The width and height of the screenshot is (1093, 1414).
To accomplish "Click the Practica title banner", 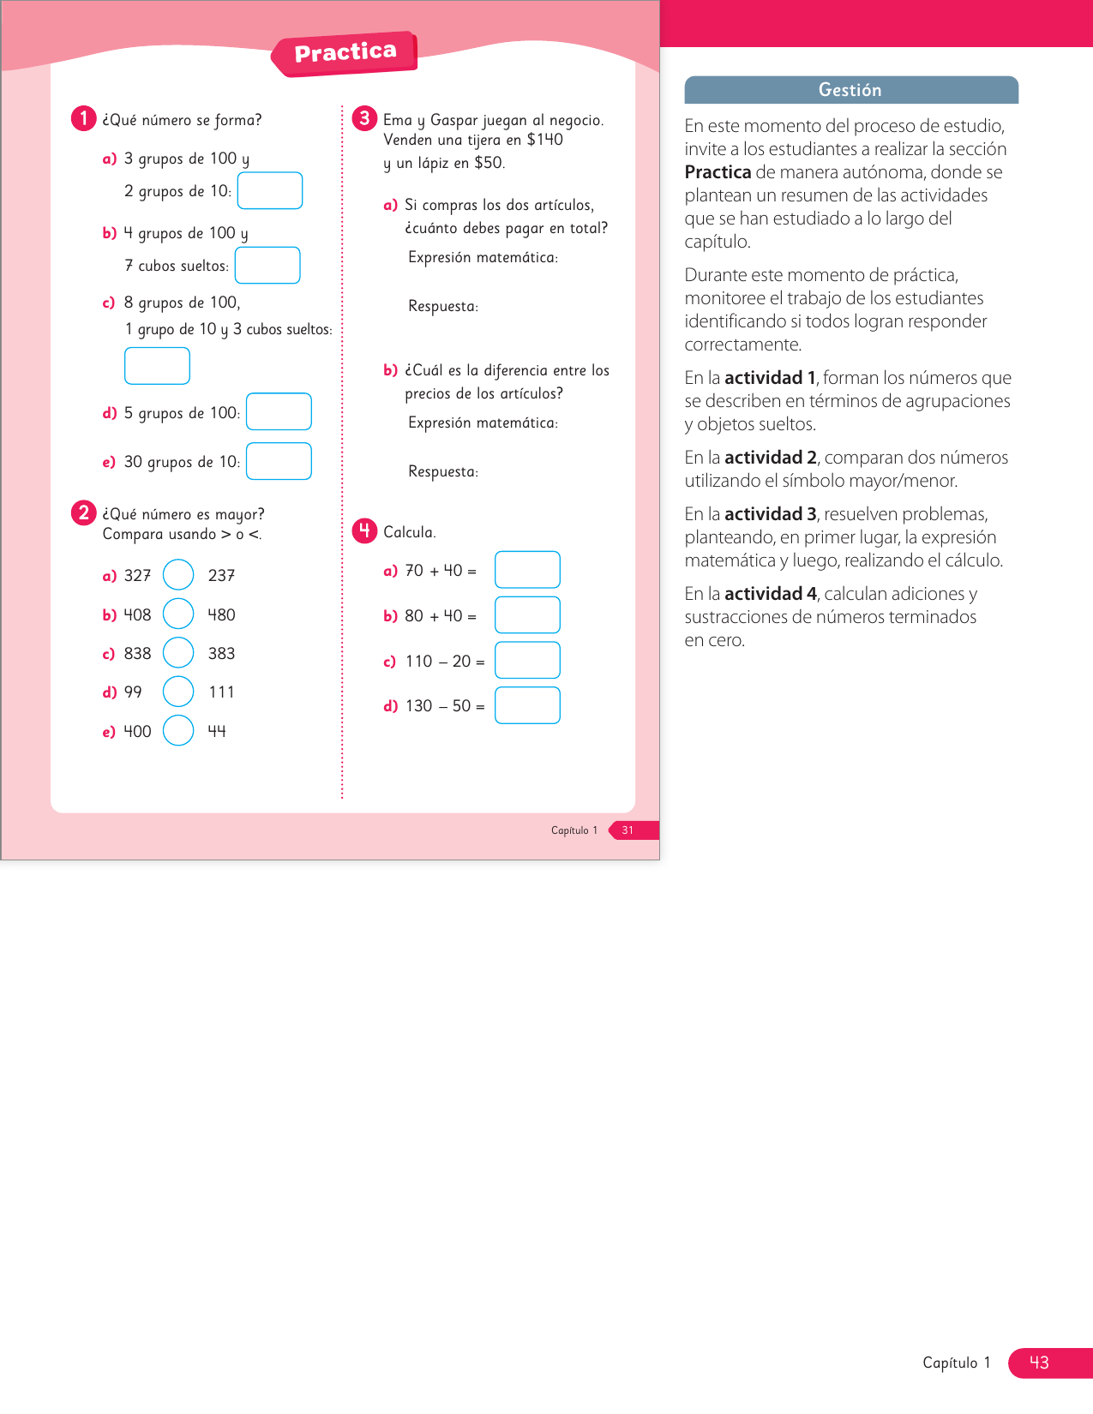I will (345, 53).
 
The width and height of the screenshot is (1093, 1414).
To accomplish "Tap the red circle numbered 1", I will (83, 118).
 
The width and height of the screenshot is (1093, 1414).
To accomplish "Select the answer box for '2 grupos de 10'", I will (270, 190).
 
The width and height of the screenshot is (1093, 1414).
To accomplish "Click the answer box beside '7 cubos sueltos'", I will (267, 265).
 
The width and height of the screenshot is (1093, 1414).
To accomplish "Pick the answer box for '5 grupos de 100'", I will (279, 411).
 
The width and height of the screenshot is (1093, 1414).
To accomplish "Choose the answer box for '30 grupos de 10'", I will (279, 461).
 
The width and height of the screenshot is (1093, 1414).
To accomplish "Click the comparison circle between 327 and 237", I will (178, 574).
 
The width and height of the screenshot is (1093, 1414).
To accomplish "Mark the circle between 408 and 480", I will (178, 614).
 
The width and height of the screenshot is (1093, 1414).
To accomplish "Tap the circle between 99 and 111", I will (178, 692).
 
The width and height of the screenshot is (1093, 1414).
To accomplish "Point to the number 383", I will (221, 653).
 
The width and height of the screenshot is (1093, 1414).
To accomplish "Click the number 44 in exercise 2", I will (217, 731).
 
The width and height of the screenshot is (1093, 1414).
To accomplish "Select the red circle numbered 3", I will (364, 118).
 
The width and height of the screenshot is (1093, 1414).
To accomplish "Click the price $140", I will (545, 140).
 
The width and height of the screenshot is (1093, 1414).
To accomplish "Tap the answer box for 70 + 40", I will (527, 570).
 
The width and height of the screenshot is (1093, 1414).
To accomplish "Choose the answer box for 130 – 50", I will (527, 705).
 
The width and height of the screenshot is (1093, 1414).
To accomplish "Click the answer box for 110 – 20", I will (527, 660).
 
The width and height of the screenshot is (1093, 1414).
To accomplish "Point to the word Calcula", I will (409, 532).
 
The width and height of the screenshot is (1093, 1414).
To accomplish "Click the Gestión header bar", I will (850, 90).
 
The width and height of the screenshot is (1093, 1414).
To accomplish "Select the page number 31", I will (628, 830).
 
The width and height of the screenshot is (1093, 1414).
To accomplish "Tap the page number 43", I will (1039, 1363).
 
